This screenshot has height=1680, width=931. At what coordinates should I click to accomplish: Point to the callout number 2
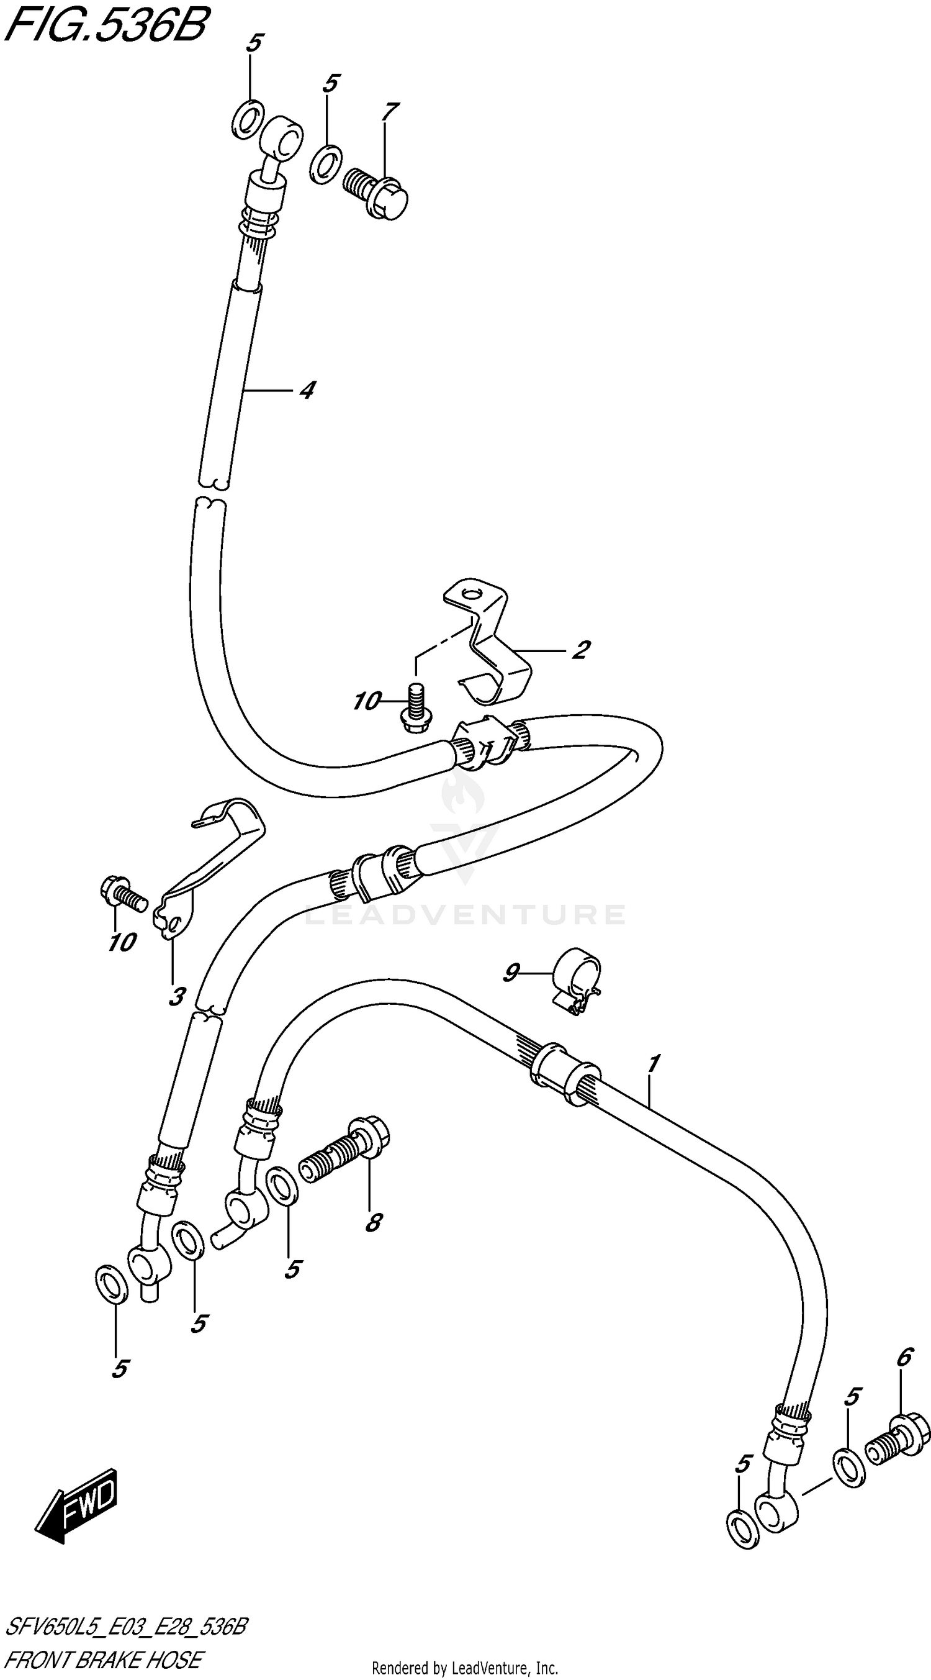tap(580, 650)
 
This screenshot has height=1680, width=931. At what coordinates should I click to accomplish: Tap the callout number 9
tap(511, 973)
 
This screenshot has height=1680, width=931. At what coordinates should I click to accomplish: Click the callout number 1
tap(654, 1064)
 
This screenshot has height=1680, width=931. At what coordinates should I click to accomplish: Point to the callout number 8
tap(374, 1223)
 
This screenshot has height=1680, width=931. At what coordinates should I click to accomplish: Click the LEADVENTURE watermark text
tap(465, 914)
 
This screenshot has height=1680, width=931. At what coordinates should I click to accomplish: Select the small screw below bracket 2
tap(413, 707)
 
